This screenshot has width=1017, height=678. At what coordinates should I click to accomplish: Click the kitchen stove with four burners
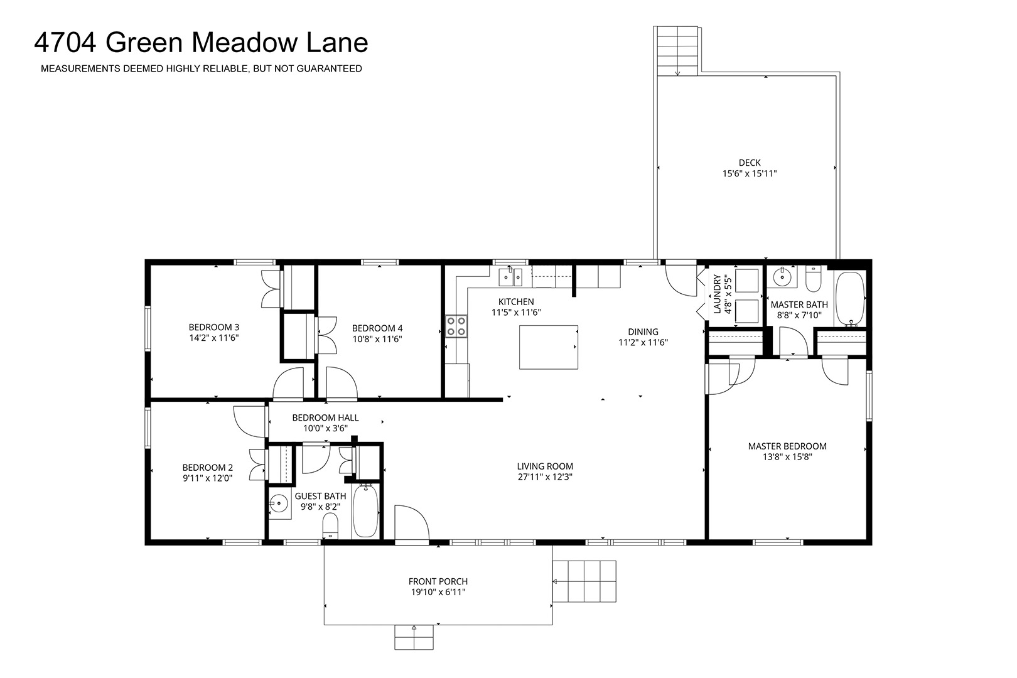[x=456, y=326]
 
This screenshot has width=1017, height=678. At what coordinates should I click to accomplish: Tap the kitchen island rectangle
[x=549, y=347]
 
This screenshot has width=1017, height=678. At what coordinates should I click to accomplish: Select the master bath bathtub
[x=850, y=299]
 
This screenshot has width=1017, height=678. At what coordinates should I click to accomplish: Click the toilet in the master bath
[x=813, y=278]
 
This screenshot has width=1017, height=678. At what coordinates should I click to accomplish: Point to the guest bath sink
[x=279, y=503]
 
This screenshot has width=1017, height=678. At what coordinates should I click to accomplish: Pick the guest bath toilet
[x=330, y=526]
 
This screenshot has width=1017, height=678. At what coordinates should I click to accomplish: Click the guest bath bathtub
[x=365, y=510]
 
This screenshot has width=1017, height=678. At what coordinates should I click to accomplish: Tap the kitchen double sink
[x=510, y=277]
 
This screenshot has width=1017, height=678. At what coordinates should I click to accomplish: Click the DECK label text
[x=750, y=163]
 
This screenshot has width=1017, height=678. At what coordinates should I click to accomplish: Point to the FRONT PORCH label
[x=438, y=581]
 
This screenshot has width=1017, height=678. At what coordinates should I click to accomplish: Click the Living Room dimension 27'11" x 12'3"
[x=545, y=477]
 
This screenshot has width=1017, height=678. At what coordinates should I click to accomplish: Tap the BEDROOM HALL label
[x=326, y=418]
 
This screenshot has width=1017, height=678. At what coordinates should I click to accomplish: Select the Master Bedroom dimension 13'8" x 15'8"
[x=787, y=457]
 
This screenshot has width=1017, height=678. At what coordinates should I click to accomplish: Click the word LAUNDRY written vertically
[x=718, y=294]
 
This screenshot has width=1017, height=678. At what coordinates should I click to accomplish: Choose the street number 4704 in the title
[x=65, y=42]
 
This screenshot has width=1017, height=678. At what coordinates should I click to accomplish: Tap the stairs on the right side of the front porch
[x=584, y=581]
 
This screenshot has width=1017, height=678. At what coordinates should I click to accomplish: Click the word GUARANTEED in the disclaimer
[x=329, y=68]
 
